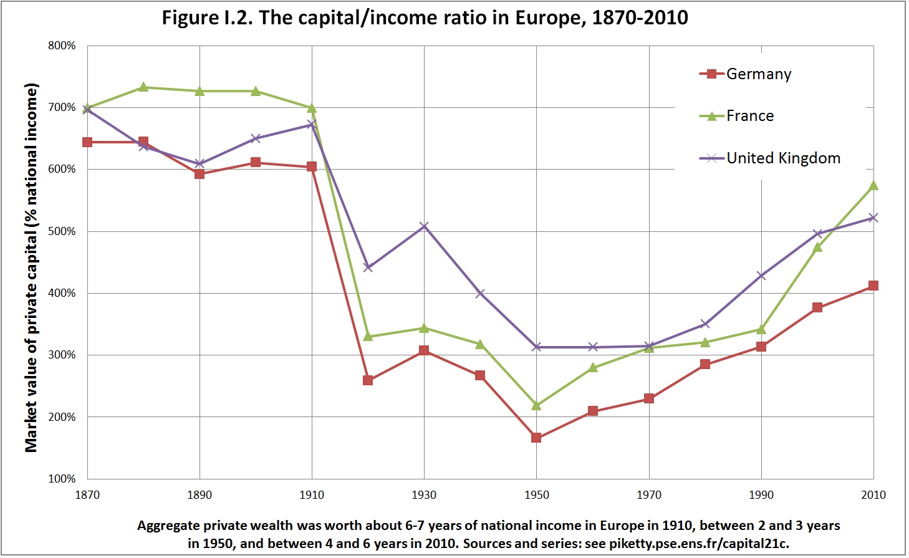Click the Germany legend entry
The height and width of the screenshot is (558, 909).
coord(746,74)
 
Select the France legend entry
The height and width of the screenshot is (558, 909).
coord(736,116)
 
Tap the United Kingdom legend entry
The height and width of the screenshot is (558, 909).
coord(770,158)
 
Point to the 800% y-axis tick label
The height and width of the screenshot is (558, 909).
coord(62,46)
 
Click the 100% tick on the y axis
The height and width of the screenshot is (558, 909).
coord(62,479)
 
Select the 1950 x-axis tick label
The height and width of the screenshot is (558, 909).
coord(536,495)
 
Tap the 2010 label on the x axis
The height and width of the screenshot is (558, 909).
coord(873,495)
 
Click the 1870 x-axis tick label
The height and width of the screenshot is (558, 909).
coord(87,495)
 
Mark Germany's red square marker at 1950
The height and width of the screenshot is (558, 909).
coord(536,438)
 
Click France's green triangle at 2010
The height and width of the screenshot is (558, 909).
coord(873,185)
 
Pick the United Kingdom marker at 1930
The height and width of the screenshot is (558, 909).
coord(424,226)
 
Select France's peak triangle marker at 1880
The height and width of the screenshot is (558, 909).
coord(143,87)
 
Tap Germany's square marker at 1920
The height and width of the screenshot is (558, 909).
coord(368,380)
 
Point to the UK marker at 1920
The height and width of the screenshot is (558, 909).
coord(368,267)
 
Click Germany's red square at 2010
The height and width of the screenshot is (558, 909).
coord(873,286)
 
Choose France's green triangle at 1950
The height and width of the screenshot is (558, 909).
coord(536,405)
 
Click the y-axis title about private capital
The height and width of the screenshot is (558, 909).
coord(31,268)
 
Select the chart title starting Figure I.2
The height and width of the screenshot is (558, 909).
coord(425,18)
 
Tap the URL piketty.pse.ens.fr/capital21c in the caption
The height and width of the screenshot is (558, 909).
coord(698,544)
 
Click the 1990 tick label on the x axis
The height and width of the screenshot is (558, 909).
coord(761,495)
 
